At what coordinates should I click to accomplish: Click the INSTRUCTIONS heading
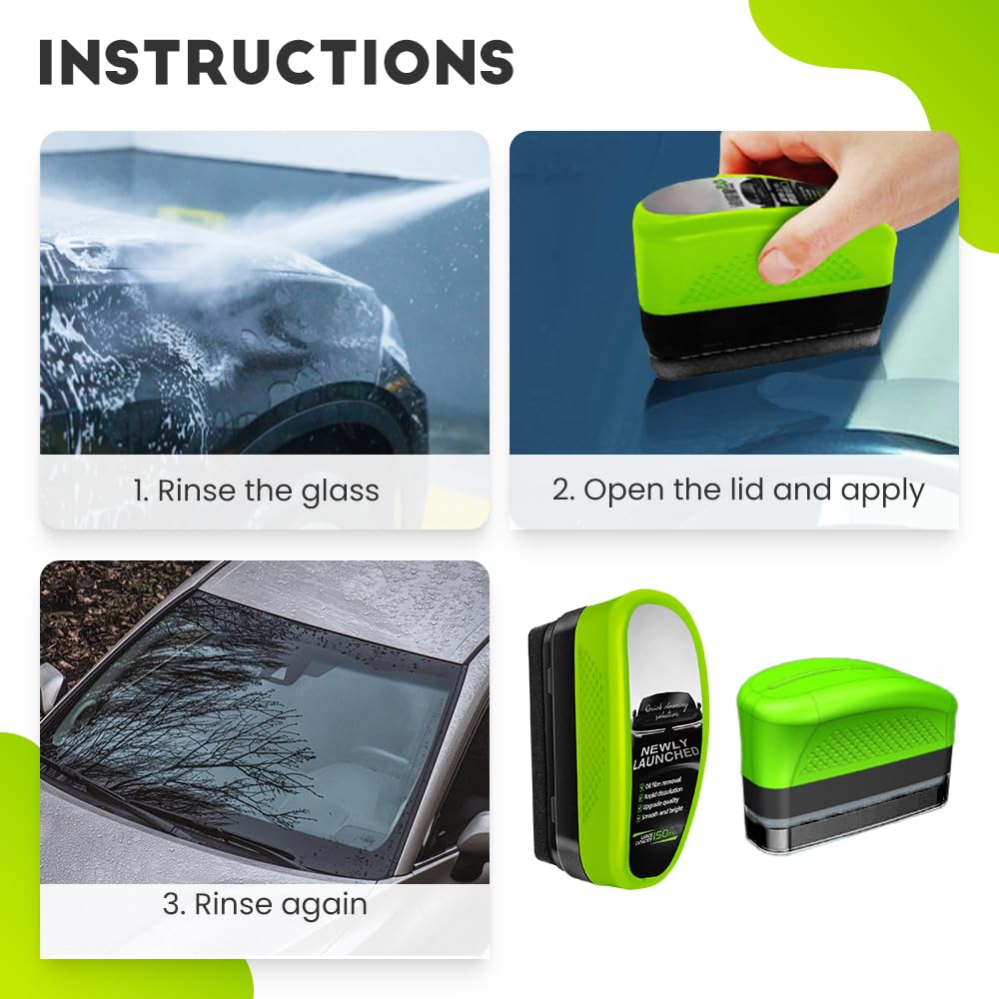coord(276,62)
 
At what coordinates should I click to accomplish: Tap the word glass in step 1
coord(342,491)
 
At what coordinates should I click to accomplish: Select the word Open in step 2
coord(615,491)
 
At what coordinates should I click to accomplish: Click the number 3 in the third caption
coord(171,905)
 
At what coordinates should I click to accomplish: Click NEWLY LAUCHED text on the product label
coord(667,754)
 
